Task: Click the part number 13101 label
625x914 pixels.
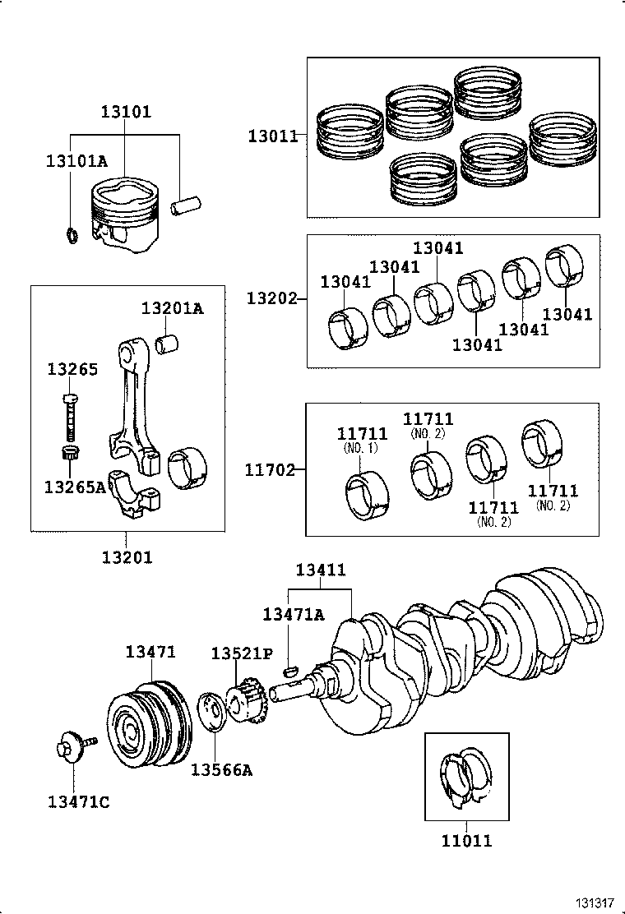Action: click(126, 112)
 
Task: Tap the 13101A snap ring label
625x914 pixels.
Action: click(76, 162)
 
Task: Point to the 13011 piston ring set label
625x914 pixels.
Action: click(272, 136)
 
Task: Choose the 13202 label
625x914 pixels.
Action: click(271, 298)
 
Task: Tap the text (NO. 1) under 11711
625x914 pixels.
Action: click(360, 448)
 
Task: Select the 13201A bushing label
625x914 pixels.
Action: click(172, 308)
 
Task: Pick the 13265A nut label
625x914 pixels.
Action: click(75, 487)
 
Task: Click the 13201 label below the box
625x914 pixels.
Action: click(127, 557)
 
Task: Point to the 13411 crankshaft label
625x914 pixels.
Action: click(321, 570)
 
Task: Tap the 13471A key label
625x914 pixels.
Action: click(294, 614)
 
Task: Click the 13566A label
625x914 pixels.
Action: click(221, 770)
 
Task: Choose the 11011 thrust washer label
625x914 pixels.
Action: click(466, 841)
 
